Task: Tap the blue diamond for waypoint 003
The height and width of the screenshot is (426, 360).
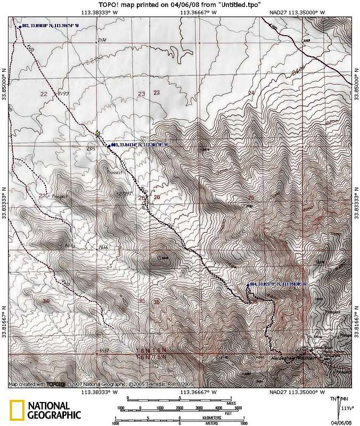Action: [110, 144]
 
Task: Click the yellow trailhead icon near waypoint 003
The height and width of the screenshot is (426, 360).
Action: [97, 133]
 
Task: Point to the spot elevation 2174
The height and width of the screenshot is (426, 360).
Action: [102, 40]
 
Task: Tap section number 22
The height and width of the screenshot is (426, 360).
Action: [44, 94]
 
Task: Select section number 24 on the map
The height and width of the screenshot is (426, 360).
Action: [251, 93]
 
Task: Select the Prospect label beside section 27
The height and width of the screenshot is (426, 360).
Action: [60, 196]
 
